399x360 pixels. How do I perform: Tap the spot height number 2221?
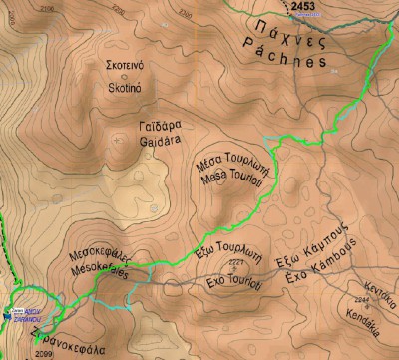click(x=234, y=263)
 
